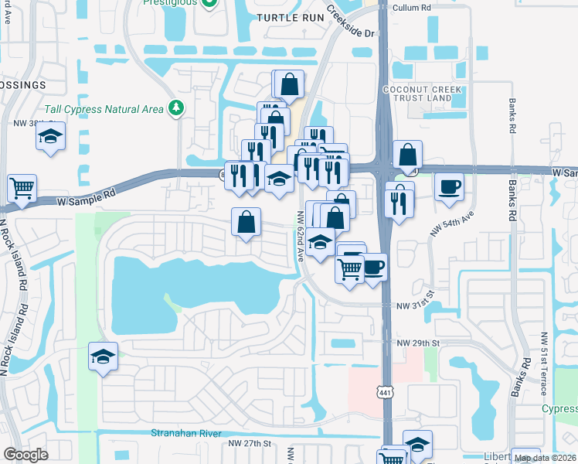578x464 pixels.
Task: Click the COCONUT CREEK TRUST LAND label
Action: (x=422, y=94)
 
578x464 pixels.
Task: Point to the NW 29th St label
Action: (x=417, y=343)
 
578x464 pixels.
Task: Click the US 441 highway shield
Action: (x=384, y=393)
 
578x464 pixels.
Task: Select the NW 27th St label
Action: (x=250, y=443)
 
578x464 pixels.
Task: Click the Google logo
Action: (x=25, y=454)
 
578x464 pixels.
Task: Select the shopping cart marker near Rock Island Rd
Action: (x=22, y=188)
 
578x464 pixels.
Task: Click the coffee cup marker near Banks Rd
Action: (x=449, y=186)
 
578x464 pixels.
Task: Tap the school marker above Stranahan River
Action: (x=103, y=357)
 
